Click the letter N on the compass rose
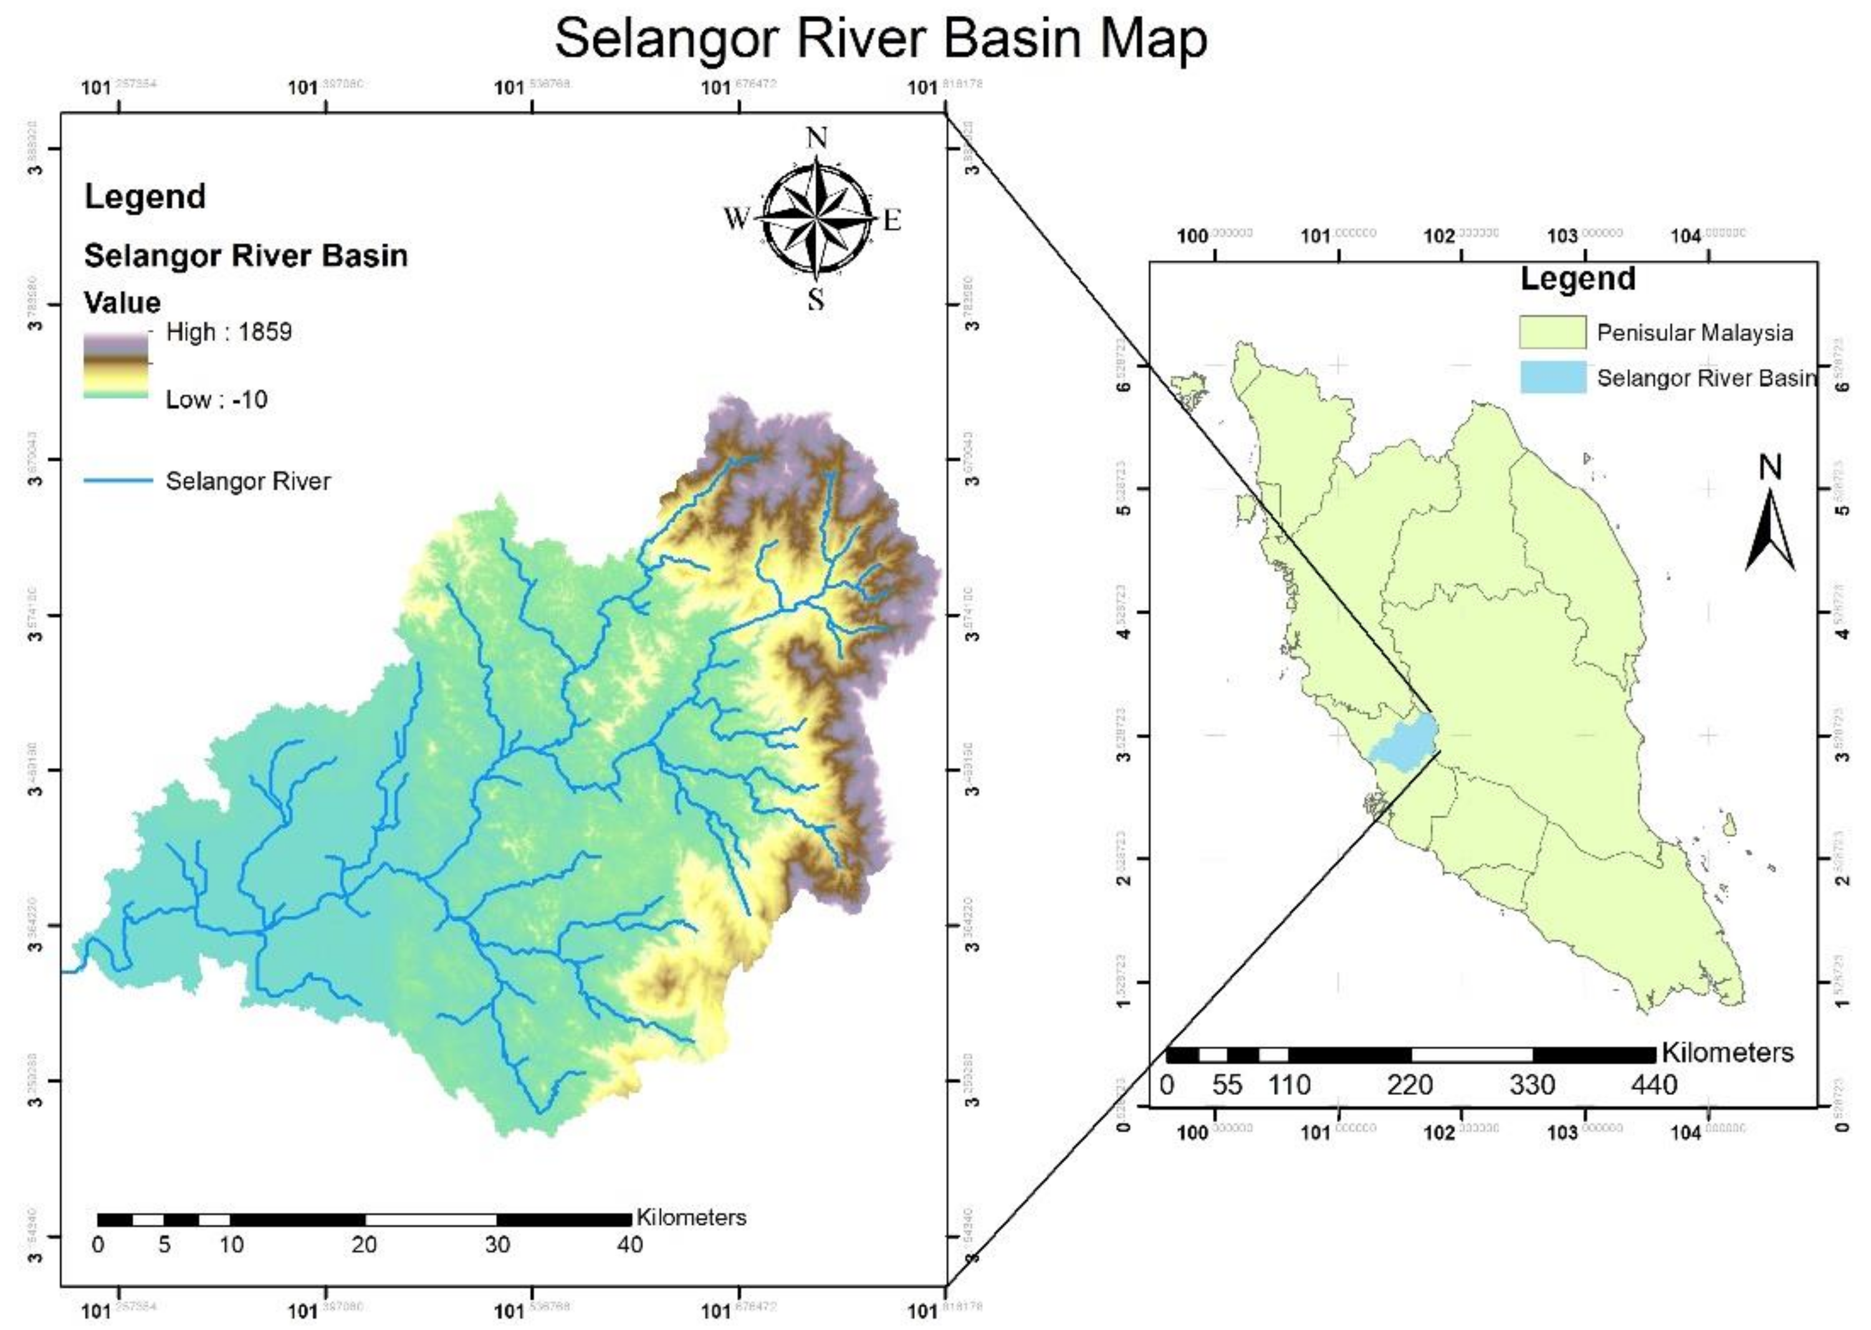[816, 138]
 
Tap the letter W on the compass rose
[736, 219]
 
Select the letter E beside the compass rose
[892, 219]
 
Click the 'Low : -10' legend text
[216, 399]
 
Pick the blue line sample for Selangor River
[118, 481]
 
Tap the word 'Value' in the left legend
[122, 302]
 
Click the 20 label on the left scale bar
[365, 1245]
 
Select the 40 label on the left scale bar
[629, 1245]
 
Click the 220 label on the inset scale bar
[1409, 1085]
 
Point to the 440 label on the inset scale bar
[1653, 1085]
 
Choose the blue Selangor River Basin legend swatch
[1553, 378]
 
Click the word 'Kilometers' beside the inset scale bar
[1727, 1053]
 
